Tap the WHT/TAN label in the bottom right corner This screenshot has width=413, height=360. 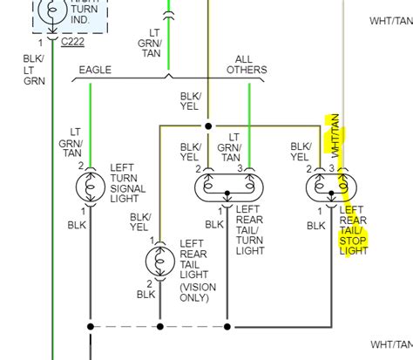pos(389,344)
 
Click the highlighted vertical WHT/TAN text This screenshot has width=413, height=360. pos(334,135)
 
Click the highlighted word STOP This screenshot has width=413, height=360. pos(353,241)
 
